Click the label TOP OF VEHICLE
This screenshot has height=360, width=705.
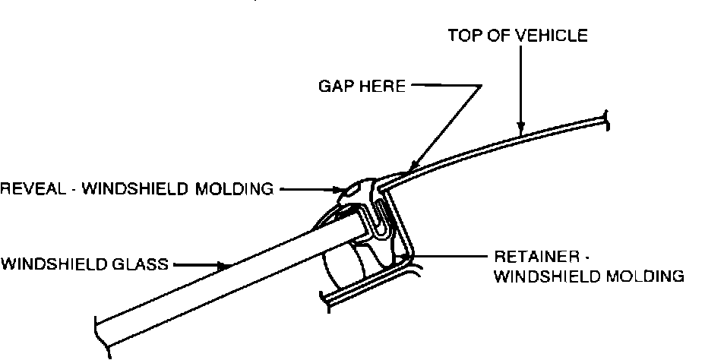tap(517, 36)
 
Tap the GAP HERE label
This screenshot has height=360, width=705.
tap(361, 86)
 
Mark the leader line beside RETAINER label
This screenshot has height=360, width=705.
tap(456, 256)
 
